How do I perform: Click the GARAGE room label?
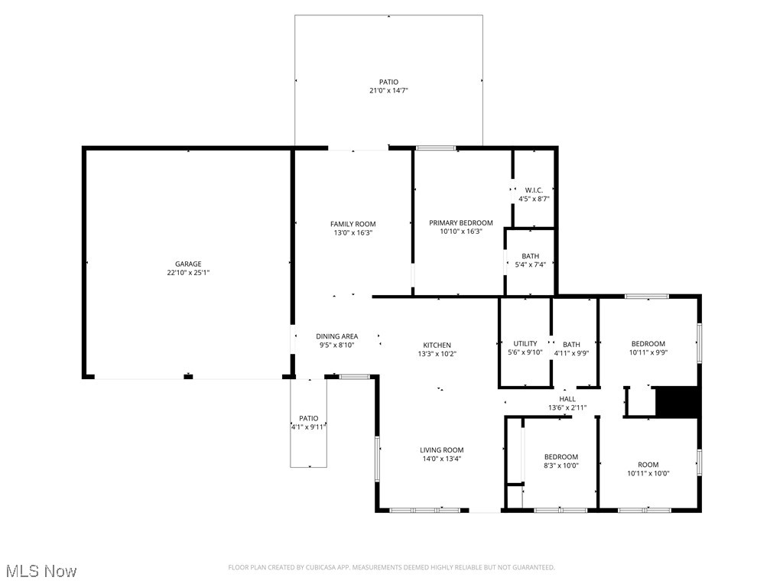188,264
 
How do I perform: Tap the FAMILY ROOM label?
353,224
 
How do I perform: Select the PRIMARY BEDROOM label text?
460,223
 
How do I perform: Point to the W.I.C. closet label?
534,190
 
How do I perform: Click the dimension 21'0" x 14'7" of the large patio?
388,91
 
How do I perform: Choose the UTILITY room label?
525,343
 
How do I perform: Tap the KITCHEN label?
437,345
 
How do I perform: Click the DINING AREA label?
337,336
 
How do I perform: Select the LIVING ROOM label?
441,450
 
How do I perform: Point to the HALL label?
567,399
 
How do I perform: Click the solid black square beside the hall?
677,402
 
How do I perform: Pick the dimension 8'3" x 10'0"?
560,465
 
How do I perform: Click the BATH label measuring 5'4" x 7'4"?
531,256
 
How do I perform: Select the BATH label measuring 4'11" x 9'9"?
571,344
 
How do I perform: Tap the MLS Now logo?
41,571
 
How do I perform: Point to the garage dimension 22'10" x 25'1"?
188,273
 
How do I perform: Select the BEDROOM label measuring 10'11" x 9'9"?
648,343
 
